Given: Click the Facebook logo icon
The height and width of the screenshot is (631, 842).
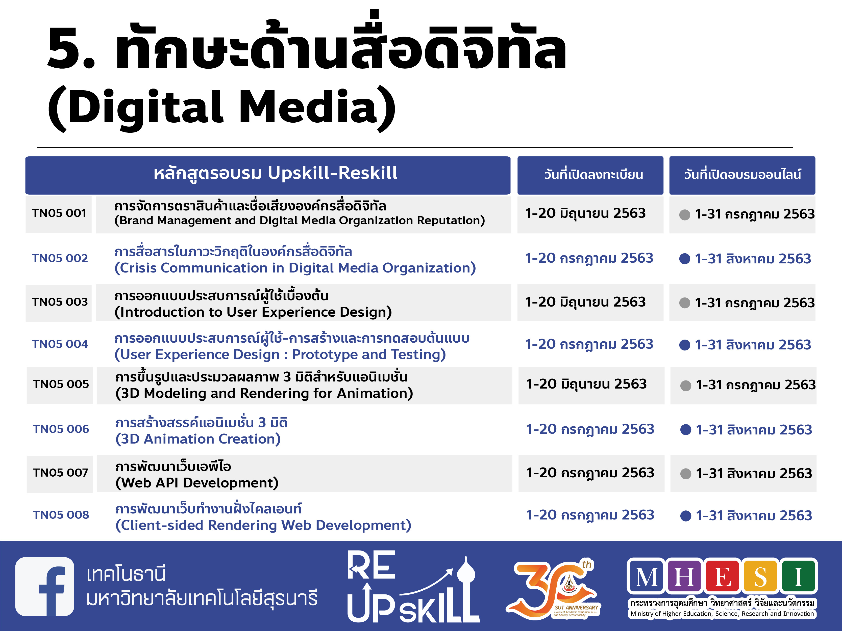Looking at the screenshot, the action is [44, 586].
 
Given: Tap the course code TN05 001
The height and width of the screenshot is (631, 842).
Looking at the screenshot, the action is [59, 213].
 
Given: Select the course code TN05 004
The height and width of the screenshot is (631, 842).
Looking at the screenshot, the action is [60, 344].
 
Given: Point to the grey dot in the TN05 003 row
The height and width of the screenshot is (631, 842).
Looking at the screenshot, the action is [684, 303].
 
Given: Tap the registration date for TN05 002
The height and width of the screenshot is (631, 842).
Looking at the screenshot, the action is [589, 258].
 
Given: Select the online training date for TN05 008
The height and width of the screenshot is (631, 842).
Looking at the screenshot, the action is [754, 515].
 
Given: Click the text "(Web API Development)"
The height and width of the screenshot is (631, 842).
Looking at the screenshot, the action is [197, 483].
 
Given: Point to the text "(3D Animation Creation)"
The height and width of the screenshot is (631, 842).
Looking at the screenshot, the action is [198, 439].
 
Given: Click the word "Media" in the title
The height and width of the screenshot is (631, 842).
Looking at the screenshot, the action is [308, 107].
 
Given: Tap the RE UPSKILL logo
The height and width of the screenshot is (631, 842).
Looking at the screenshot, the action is [413, 587].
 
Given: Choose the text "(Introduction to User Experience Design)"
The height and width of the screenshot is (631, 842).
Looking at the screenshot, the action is [253, 312].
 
